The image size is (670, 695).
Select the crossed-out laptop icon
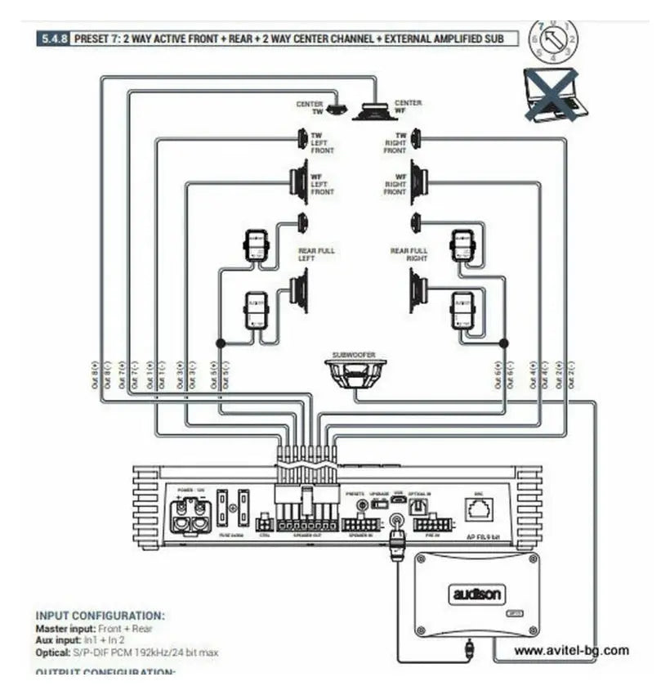[552, 95]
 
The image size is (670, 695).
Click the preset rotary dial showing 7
[553, 41]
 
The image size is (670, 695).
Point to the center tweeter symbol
[337, 109]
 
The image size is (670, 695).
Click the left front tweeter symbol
[302, 139]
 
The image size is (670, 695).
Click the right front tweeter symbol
[416, 139]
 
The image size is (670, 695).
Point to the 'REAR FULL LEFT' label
[316, 254]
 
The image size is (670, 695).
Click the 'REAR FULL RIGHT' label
[409, 254]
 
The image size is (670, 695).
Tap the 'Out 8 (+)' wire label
[96, 374]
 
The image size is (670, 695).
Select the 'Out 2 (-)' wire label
[572, 374]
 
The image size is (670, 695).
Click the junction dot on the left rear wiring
[219, 343]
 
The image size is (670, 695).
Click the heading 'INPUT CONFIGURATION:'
[100, 616]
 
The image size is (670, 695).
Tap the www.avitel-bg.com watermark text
[572, 651]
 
